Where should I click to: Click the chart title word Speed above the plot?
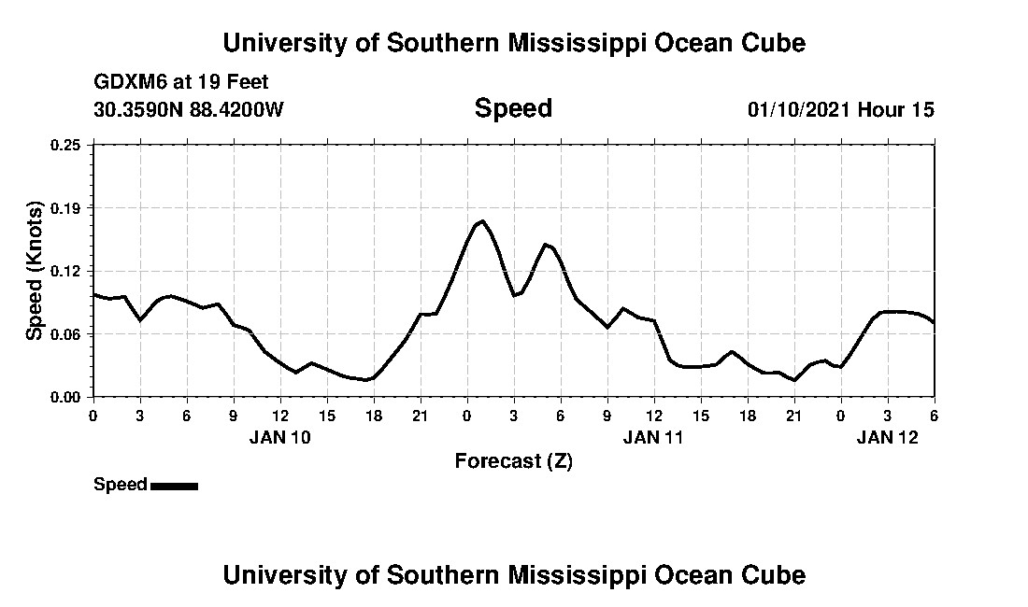(x=513, y=108)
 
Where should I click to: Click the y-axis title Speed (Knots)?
(x=35, y=270)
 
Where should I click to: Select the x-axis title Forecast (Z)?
(x=513, y=460)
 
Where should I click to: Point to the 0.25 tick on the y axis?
(x=67, y=145)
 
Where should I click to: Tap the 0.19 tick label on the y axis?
(x=67, y=207)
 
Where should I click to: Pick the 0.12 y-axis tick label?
(x=67, y=271)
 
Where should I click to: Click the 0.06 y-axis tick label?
(x=67, y=334)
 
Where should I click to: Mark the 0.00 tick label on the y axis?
(x=67, y=397)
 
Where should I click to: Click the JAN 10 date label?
(x=279, y=436)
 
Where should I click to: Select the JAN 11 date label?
(x=653, y=436)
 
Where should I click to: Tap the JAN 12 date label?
(x=887, y=436)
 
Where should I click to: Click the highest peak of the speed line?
(x=482, y=221)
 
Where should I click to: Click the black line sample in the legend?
(x=174, y=486)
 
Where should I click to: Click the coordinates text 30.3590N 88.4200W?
(x=188, y=109)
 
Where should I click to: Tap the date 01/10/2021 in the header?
(x=799, y=109)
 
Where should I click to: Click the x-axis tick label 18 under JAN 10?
(x=373, y=416)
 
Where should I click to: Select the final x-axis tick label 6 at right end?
(x=934, y=416)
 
